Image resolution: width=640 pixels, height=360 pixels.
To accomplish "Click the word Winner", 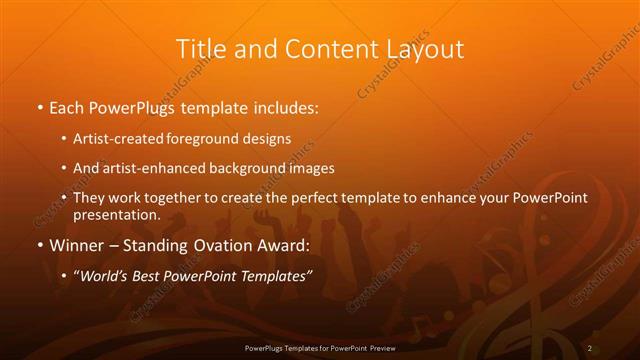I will click(78, 246).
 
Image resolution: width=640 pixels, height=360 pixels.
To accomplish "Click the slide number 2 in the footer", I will click(590, 347).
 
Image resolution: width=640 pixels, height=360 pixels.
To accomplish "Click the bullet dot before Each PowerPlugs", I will click(39, 107).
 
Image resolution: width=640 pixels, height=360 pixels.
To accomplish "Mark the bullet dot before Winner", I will click(39, 246).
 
